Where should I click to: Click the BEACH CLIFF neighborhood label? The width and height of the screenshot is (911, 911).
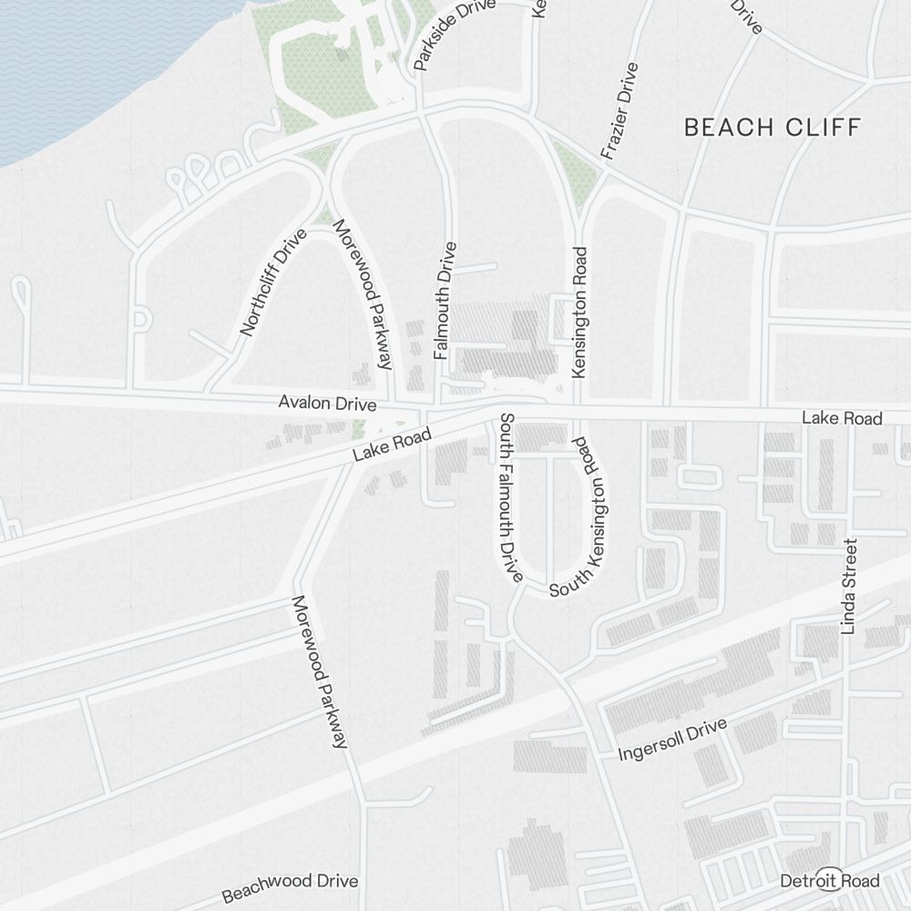772,127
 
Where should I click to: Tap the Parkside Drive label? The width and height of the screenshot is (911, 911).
455,35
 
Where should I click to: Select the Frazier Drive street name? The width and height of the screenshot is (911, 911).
619,111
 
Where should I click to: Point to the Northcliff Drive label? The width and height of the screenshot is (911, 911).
273,281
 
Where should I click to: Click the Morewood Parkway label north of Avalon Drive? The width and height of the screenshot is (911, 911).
362,294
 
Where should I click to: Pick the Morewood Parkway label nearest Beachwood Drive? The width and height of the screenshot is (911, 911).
320,672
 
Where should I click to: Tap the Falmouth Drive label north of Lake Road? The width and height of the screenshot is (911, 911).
445,300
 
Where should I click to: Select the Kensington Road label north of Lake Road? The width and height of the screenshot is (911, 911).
579,312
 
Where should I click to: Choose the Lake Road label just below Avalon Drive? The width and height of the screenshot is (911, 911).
392,449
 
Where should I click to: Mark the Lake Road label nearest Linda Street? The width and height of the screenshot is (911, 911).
842,418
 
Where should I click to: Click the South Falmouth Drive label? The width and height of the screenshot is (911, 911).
508,497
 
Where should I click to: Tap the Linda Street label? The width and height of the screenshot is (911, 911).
849,586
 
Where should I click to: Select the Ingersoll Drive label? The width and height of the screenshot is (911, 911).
672,740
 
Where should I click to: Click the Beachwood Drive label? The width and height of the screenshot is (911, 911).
290,886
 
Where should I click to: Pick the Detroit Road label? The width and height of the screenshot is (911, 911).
830,880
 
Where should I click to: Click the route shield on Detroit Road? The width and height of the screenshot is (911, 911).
828,878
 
